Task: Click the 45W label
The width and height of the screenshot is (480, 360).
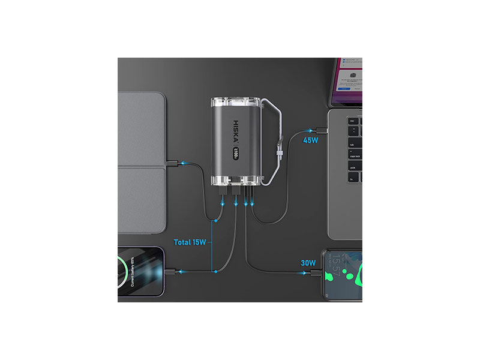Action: point(310,140)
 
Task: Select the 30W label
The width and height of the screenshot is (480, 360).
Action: point(308,262)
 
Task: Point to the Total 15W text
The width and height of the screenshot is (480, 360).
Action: point(190,242)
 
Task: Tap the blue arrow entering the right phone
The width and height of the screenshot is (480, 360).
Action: point(304,273)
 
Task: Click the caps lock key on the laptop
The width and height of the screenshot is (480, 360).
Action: point(354,155)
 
